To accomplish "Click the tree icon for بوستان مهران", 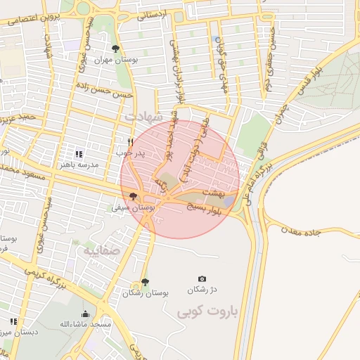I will tap(115, 49).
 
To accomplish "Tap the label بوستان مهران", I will tap(116, 60).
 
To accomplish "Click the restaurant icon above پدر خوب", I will tap(130, 141).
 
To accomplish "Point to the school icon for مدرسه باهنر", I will tap(79, 153).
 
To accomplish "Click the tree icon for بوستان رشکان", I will tap(145, 282).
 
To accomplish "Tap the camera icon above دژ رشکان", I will tap(202, 279).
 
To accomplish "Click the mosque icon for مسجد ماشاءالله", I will tap(86, 314).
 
